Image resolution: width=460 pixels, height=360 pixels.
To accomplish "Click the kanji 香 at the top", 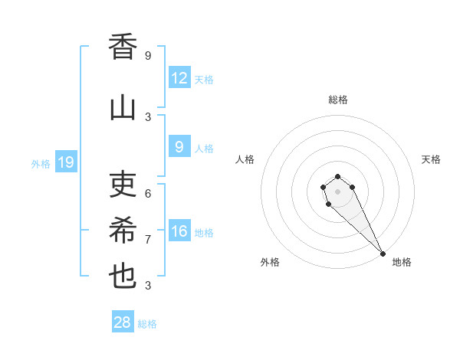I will pos(123,47).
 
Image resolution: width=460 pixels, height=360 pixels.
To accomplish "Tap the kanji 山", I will pos(123,108).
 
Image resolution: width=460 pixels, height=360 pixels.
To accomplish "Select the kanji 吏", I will pos(123,184).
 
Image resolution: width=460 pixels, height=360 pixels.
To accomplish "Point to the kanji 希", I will pos(123,230).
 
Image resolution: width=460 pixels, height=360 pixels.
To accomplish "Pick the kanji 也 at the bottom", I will pos(123,276).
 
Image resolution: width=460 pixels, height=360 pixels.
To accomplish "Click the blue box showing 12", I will pos(179,78).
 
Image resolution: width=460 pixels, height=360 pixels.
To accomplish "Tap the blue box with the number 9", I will pos(179,147).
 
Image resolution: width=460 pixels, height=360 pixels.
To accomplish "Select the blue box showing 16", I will pos(179,231).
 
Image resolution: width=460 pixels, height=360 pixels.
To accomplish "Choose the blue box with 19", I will pos(66,162).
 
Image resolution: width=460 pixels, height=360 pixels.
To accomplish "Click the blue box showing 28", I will pos(123,322).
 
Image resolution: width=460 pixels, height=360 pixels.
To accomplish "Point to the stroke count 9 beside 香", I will pos(148,56).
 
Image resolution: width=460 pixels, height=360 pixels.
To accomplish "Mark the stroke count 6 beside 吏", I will pos(148,194).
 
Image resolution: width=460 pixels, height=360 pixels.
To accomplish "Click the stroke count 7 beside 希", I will pos(148,240).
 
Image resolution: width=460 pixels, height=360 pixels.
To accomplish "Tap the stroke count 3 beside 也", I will pos(148,286).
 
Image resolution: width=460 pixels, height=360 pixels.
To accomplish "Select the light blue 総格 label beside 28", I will pos(147,324).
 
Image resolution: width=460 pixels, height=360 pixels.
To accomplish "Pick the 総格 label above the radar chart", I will pos(337,100).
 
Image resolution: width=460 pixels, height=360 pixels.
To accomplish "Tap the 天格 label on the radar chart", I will pos(432,159).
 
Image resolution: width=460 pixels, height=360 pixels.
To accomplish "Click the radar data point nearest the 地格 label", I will pos(383,254).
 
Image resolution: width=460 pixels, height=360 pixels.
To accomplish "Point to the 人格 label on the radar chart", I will pos(245,159).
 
